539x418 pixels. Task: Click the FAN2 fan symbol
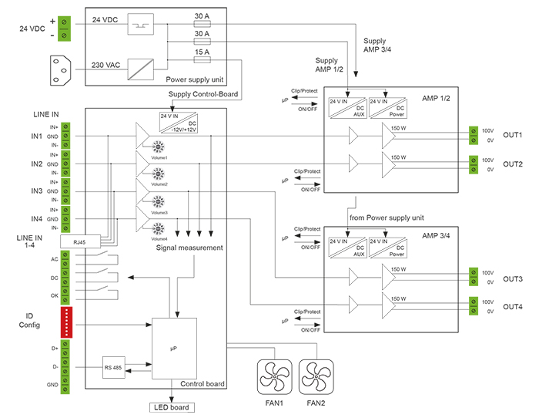313,378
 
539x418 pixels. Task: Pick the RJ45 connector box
79,241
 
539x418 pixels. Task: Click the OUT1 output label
513,136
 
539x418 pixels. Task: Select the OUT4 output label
513,307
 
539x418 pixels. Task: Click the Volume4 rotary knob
159,229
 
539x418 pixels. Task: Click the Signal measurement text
189,248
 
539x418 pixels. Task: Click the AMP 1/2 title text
436,99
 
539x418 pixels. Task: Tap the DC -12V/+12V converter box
179,123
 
